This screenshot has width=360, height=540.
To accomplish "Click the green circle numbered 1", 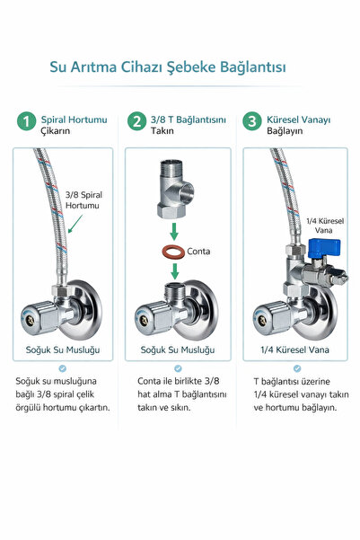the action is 27,121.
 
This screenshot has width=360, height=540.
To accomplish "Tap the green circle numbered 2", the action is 136,121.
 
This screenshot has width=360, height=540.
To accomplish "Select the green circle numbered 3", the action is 252,121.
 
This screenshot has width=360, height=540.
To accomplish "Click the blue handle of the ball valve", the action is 324,248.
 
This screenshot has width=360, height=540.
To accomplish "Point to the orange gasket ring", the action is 173,252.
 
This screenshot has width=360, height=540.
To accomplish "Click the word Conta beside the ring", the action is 198,252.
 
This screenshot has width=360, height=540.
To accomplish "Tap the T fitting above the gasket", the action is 175,189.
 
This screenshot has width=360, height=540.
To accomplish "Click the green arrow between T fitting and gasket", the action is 174,232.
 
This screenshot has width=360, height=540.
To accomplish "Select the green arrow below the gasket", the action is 174,271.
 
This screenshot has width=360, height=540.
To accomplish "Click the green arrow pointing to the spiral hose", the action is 75,224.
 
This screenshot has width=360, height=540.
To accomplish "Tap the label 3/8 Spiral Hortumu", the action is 83,200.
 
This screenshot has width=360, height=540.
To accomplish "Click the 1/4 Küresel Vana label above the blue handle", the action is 325,226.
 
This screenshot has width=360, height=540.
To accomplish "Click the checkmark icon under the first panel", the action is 62,368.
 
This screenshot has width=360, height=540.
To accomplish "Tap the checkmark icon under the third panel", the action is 297,368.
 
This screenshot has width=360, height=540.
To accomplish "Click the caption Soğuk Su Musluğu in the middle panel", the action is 178,350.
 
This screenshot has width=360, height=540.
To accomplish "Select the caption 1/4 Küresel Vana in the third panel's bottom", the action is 295,350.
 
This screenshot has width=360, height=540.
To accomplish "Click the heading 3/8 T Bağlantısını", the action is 189,120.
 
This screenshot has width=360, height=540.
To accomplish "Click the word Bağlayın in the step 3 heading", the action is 285,131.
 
